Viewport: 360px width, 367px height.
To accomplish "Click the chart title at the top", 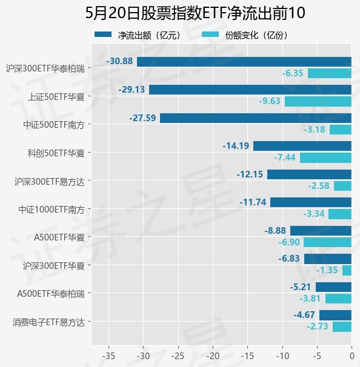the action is point(195,13).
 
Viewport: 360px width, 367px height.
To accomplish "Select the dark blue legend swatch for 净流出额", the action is point(103,35).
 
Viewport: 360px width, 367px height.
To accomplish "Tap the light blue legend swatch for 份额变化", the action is point(210,35).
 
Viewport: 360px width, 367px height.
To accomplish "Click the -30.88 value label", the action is point(119,61).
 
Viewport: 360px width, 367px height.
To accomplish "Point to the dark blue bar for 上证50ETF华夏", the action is point(250,90).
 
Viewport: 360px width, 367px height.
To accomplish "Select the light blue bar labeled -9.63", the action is point(318,102).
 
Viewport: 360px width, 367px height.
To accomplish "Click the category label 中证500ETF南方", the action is point(54,125).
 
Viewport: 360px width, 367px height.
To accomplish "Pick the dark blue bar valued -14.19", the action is point(302,146).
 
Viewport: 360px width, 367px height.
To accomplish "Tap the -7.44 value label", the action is point(285,157).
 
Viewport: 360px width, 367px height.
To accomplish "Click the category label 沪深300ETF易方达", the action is point(50,182).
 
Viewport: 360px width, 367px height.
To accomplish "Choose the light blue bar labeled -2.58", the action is point(342,186).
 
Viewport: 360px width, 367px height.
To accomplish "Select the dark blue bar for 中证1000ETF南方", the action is point(311,202).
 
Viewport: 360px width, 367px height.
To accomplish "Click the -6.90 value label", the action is point(289,242).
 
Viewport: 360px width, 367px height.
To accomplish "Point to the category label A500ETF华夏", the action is point(59,237).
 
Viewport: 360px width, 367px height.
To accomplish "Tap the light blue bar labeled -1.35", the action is point(347,270).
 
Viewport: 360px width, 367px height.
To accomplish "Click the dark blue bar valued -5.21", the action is point(333,287).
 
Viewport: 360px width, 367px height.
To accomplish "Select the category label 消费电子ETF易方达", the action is point(48,322).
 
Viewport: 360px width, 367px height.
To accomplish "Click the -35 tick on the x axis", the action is point(108,356).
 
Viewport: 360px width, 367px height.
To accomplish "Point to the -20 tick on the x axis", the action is point(213,356).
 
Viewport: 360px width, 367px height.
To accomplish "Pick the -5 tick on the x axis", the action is point(317,356).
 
